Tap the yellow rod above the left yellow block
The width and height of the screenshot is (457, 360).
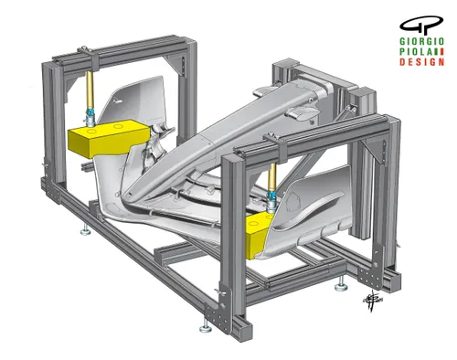click(91, 91)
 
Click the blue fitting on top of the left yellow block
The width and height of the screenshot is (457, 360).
click(92, 117)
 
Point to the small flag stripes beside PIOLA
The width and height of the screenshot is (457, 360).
click(440, 53)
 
